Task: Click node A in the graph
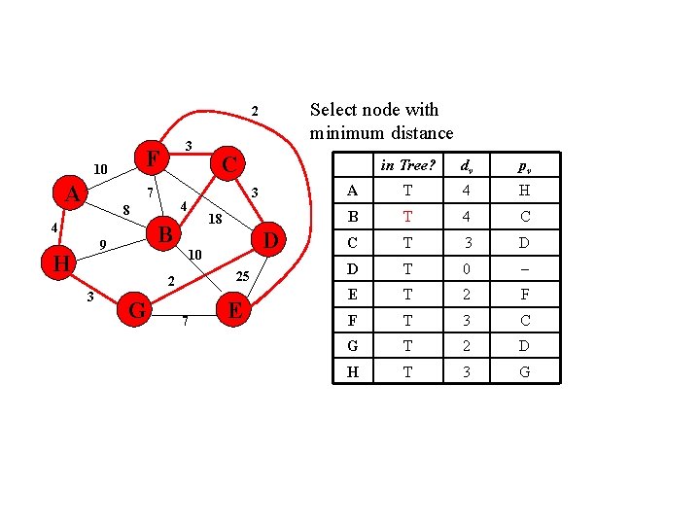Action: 71,194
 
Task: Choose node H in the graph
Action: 61,263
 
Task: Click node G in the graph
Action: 138,310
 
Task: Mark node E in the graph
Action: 233,310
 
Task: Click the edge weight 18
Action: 216,220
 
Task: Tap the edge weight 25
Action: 243,277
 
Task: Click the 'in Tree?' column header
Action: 406,164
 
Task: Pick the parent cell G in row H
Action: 525,370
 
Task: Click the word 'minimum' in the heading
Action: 347,133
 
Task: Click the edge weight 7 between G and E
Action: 185,321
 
